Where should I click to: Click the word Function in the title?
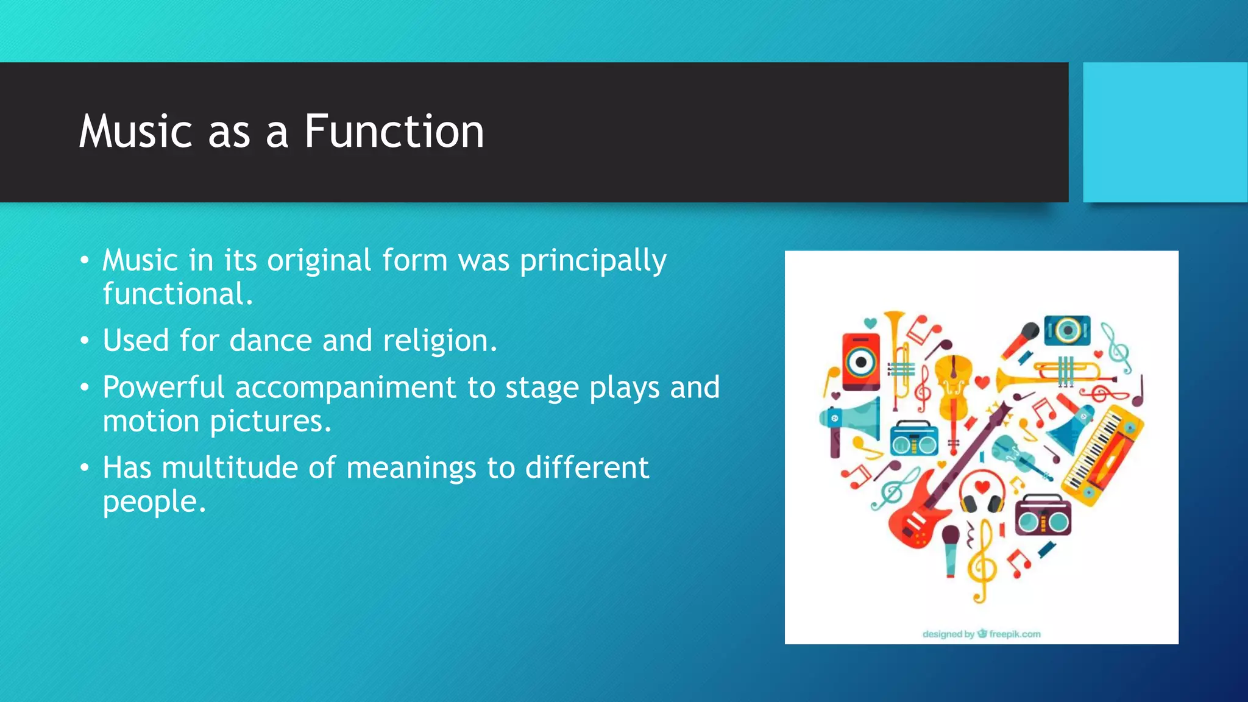(x=394, y=132)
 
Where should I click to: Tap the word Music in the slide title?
(x=135, y=132)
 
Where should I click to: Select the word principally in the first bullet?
(x=593, y=261)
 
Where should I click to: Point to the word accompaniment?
(x=346, y=388)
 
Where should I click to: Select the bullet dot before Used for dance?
(x=85, y=341)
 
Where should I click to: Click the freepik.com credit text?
(x=1014, y=634)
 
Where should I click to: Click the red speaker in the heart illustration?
(x=860, y=361)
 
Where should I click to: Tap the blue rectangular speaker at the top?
(x=1067, y=330)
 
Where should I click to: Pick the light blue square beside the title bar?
(x=1165, y=132)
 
